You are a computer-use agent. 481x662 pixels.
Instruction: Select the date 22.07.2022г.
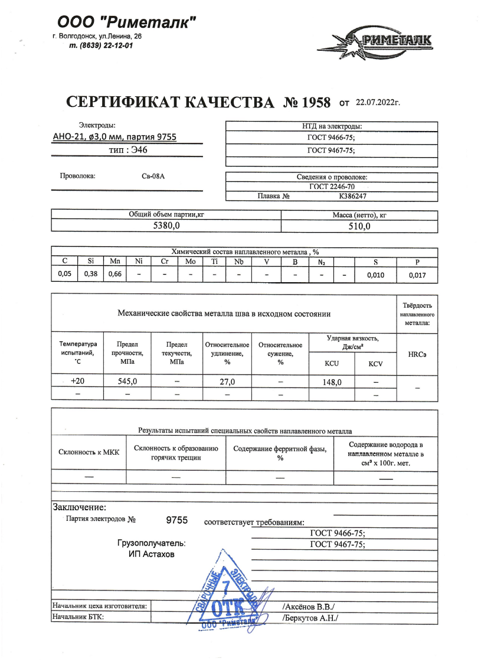[x=378, y=103]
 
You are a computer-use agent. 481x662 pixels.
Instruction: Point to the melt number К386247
[x=354, y=196]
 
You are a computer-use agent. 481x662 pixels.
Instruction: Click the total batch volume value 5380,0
[x=166, y=225]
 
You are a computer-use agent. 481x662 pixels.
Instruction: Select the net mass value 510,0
[x=359, y=225]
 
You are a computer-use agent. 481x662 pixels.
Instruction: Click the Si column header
[x=90, y=261]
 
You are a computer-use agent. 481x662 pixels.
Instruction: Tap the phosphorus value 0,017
[x=417, y=275]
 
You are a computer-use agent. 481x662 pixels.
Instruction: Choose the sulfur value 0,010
[x=375, y=275]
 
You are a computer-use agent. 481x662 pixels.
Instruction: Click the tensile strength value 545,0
[x=127, y=381]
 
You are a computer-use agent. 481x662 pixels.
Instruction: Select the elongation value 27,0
[x=227, y=381]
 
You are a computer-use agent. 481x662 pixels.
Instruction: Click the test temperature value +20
[x=77, y=381]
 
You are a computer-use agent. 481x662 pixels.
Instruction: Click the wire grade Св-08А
[x=145, y=176]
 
